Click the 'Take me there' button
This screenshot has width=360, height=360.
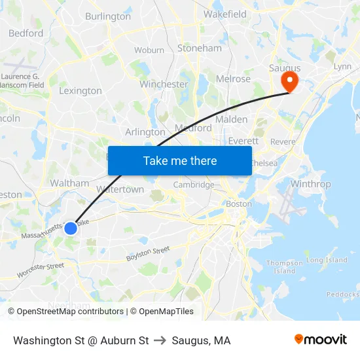coord(180,160)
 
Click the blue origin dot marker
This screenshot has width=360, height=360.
coord(71,228)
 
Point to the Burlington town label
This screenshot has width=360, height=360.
coord(108,16)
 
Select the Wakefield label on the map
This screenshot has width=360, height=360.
coord(225,14)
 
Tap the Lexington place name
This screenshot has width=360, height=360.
coord(81,91)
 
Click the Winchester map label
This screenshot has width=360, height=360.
coord(164,84)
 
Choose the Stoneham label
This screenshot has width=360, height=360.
coord(200,48)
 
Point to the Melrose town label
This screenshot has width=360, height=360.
coord(234,79)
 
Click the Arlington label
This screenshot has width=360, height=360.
coord(145,132)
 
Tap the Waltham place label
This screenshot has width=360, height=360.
coord(69,183)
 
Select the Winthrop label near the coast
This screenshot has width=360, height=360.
coord(310,184)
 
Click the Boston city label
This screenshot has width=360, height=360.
coord(238,204)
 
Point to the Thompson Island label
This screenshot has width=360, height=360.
coord(285,266)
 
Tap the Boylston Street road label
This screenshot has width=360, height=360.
coord(148,253)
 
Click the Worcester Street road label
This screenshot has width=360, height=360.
coord(41,270)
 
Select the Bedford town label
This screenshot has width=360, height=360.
coord(26,33)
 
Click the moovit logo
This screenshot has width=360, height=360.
coord(320,340)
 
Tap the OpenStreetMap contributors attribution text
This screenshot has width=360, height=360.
coord(65,312)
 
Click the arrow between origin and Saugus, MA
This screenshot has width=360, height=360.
coord(160,340)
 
